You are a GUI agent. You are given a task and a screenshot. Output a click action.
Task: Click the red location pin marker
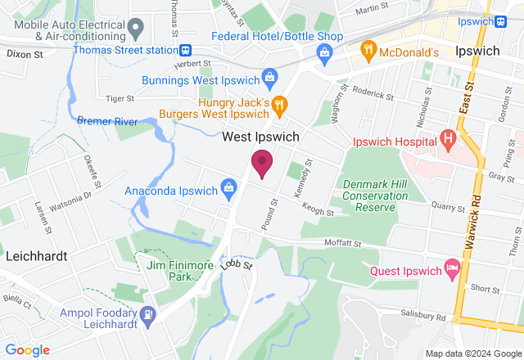[262, 163]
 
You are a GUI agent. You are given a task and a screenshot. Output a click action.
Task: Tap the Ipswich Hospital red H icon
[448, 138]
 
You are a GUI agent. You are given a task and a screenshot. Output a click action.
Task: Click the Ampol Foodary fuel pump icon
[147, 313]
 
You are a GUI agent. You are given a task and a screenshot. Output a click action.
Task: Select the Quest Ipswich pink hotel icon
[451, 268]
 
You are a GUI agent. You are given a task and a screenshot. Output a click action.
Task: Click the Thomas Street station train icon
[187, 49]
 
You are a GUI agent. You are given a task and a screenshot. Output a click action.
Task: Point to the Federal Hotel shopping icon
[325, 52]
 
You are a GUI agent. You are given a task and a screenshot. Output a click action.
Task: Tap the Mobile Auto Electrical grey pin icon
[137, 29]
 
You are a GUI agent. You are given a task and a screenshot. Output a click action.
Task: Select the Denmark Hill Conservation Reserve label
[374, 196]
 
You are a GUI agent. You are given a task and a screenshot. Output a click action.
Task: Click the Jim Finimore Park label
[174, 271]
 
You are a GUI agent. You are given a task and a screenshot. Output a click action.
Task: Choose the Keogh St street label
[318, 213]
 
